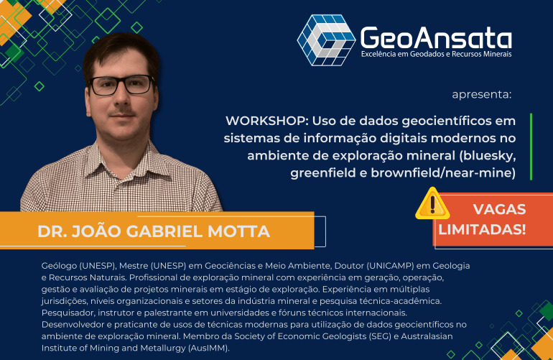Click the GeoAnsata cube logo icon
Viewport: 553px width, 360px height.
(326, 40)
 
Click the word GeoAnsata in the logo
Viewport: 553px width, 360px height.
(436, 38)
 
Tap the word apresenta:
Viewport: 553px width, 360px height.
(481, 94)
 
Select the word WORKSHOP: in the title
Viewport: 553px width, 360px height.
(267, 121)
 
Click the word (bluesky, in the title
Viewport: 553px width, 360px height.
(488, 156)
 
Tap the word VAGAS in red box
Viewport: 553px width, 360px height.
(499, 209)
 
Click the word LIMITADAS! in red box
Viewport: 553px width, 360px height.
(482, 229)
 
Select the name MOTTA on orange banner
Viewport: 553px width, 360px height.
(238, 231)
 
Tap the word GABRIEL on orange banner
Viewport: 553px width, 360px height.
(164, 231)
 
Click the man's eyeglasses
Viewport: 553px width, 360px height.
(121, 85)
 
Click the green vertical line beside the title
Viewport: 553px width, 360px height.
(531, 147)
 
